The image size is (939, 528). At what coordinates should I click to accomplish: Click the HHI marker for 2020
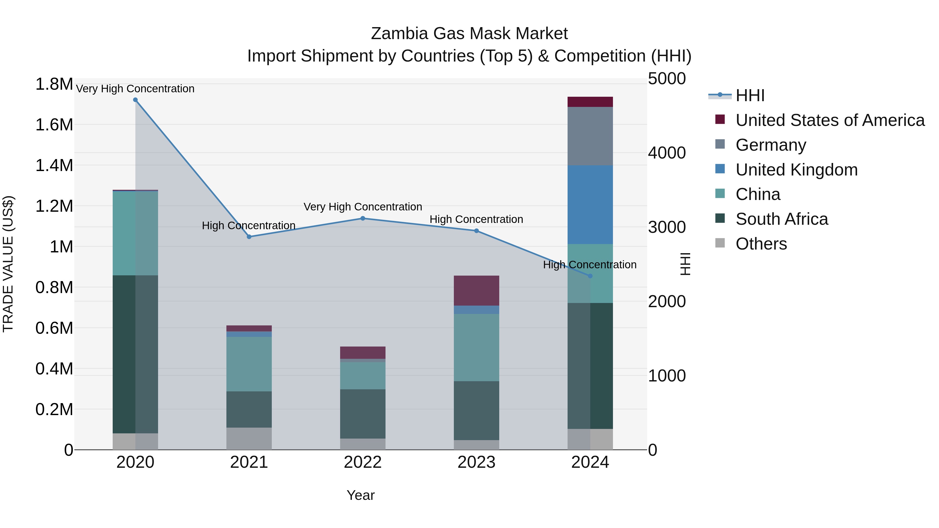click(x=135, y=100)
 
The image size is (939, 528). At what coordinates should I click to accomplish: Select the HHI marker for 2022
click(x=363, y=219)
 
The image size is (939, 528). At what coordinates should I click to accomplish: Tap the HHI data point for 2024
click(x=590, y=276)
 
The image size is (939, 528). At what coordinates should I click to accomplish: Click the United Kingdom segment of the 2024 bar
click(x=590, y=205)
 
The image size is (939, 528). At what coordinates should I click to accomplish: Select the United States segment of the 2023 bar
click(x=477, y=290)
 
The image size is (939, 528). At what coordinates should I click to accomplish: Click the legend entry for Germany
click(x=771, y=145)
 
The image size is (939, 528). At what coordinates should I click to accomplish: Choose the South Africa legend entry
click(x=781, y=219)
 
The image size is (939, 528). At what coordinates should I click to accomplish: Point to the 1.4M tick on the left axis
click(x=54, y=165)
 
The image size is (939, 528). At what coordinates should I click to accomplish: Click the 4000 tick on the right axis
click(x=667, y=153)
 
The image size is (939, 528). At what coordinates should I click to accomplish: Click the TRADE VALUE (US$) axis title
click(x=8, y=264)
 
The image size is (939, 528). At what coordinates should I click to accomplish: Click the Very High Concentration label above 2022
click(x=363, y=207)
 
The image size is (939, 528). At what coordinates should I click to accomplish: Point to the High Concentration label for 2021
click(x=249, y=226)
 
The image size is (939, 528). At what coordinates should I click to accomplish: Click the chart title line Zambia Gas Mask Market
click(x=469, y=34)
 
